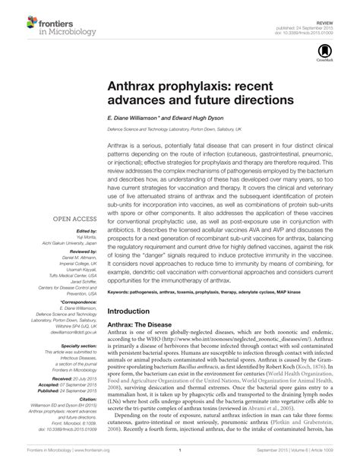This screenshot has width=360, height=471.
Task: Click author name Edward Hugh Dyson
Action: [x=201, y=119]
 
